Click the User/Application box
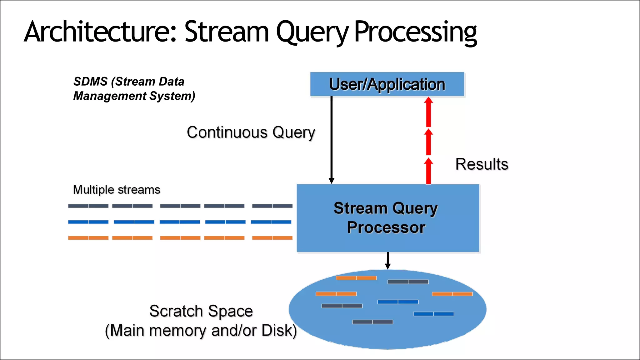pyautogui.click(x=387, y=84)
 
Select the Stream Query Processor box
pyautogui.click(x=387, y=218)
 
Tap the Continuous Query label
pyautogui.click(x=251, y=132)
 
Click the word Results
pyautogui.click(x=482, y=164)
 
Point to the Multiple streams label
pyautogui.click(x=116, y=190)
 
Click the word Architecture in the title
pyautogui.click(x=100, y=32)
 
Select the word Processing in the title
pyautogui.click(x=416, y=32)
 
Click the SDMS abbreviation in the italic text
pyautogui.click(x=90, y=82)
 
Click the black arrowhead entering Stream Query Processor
pyautogui.click(x=332, y=181)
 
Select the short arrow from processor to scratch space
pyautogui.click(x=388, y=261)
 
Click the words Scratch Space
pyautogui.click(x=201, y=311)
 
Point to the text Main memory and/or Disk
pyautogui.click(x=201, y=331)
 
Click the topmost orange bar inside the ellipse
pyautogui.click(x=356, y=278)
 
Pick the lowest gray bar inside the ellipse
pyautogui.click(x=372, y=322)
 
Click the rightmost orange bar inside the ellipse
pyautogui.click(x=452, y=294)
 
